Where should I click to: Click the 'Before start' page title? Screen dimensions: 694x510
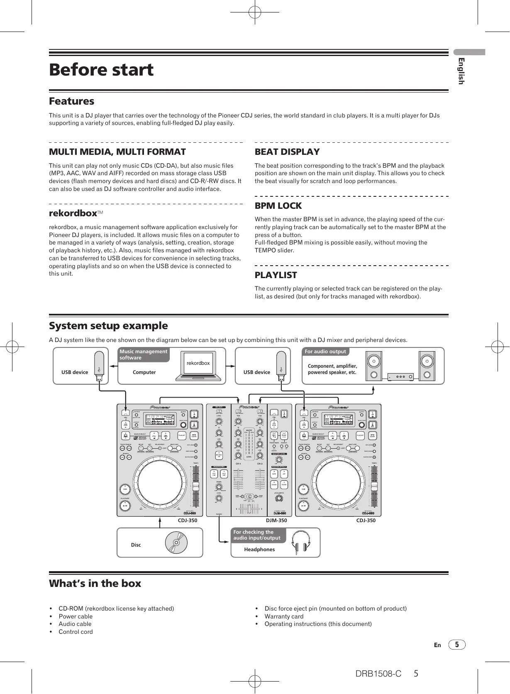101,70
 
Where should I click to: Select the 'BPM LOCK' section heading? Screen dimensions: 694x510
278,206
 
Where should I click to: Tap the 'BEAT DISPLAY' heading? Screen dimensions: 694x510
287,152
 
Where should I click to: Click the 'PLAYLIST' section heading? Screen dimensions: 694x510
276,275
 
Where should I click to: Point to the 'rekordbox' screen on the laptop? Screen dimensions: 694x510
198,363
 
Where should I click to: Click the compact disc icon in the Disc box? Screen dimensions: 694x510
176,542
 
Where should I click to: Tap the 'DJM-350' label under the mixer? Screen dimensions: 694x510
276,520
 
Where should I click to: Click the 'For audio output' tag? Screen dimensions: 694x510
325,352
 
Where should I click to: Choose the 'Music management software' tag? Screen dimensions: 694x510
143,354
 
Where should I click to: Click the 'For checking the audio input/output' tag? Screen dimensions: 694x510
257,535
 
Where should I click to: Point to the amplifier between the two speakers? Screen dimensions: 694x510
400,377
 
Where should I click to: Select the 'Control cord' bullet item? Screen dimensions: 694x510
76,632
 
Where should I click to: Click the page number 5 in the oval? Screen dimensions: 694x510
456,645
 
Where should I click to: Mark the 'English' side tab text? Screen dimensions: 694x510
461,71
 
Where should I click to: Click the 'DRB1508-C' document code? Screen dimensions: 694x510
378,674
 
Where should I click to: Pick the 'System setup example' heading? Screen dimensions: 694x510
108,326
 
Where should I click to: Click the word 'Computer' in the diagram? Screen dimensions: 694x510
144,372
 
